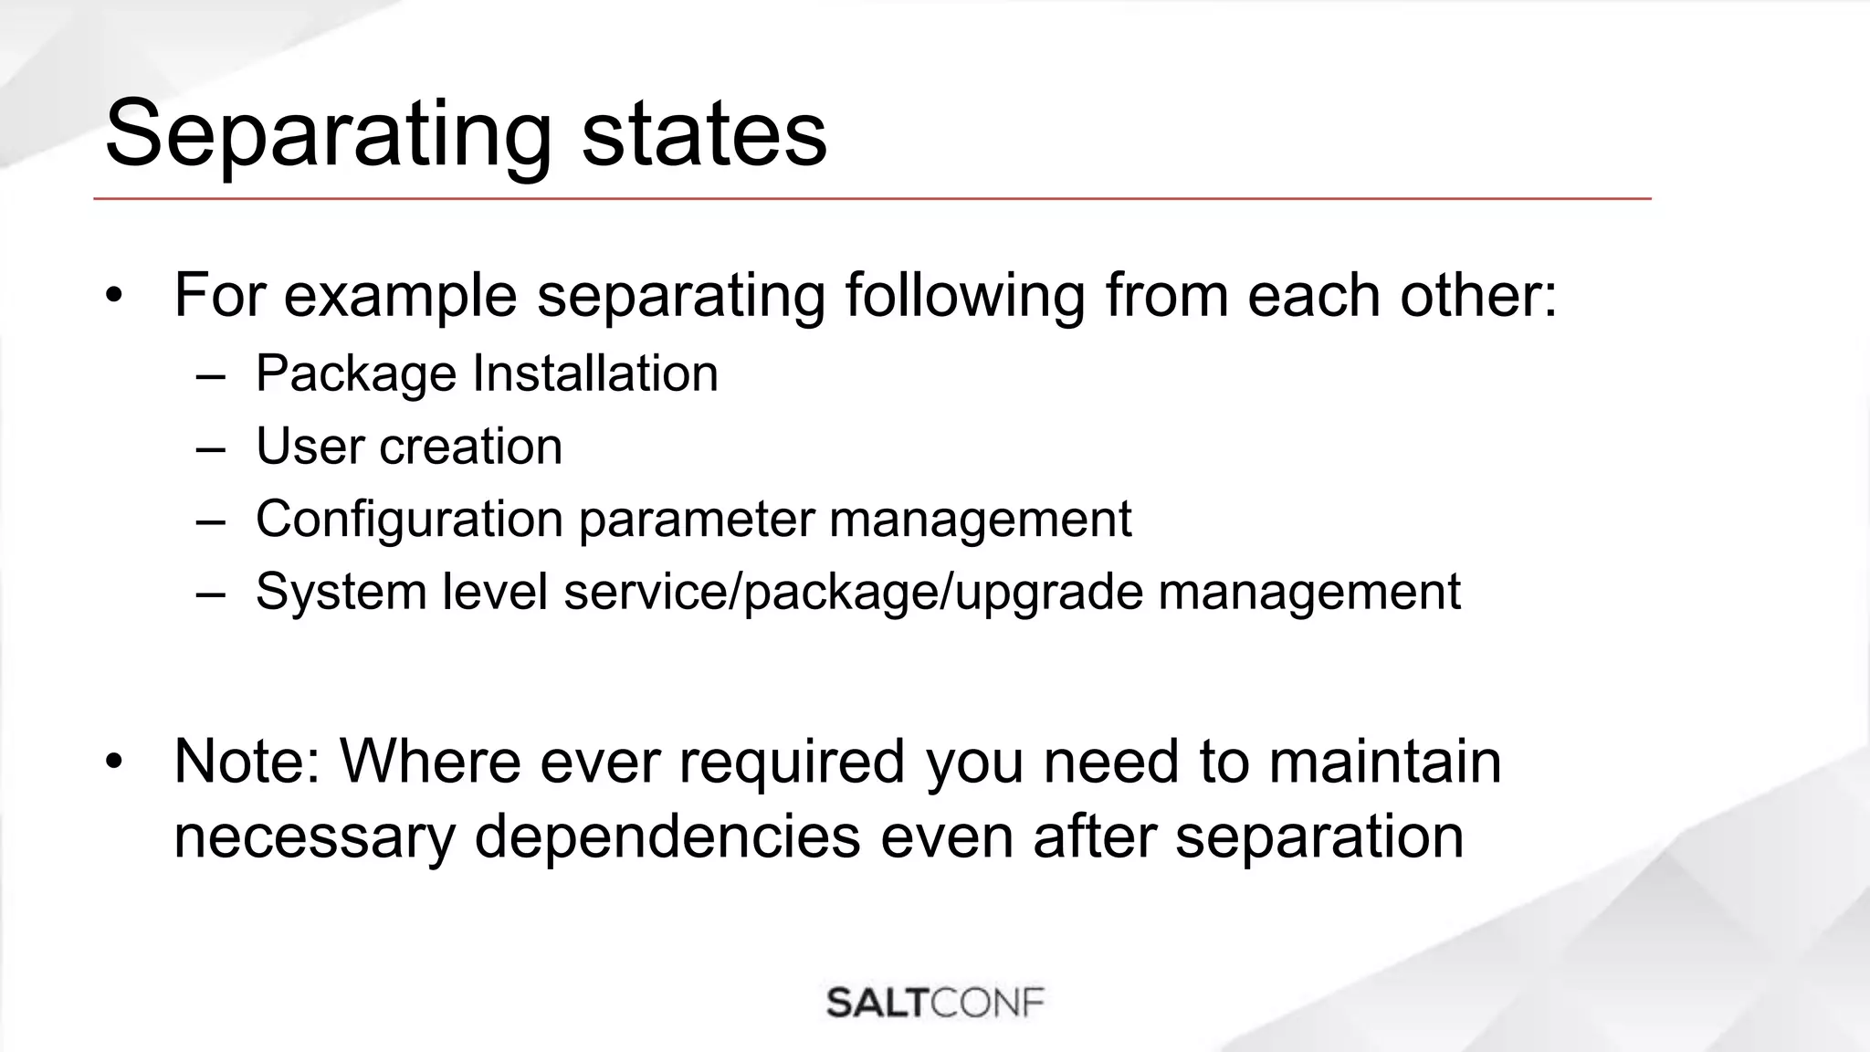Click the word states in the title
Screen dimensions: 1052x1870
coord(703,135)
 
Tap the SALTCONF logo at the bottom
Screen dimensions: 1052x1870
coord(935,1003)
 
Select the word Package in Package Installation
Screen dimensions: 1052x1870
coord(355,374)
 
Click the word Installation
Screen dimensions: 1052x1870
coord(595,373)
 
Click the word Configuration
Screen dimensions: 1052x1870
coord(408,520)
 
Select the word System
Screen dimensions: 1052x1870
coord(341,592)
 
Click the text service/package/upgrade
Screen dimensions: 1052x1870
coord(852,592)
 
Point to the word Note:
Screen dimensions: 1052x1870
coord(247,762)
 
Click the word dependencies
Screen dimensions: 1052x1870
coord(667,836)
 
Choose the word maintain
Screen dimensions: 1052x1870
coord(1384,762)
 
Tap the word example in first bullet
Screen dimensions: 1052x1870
coord(400,296)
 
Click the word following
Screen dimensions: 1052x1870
coord(964,296)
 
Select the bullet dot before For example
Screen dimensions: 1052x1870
coord(113,296)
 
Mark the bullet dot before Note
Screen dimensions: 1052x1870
coord(113,762)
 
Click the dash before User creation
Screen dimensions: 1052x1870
coord(210,448)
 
